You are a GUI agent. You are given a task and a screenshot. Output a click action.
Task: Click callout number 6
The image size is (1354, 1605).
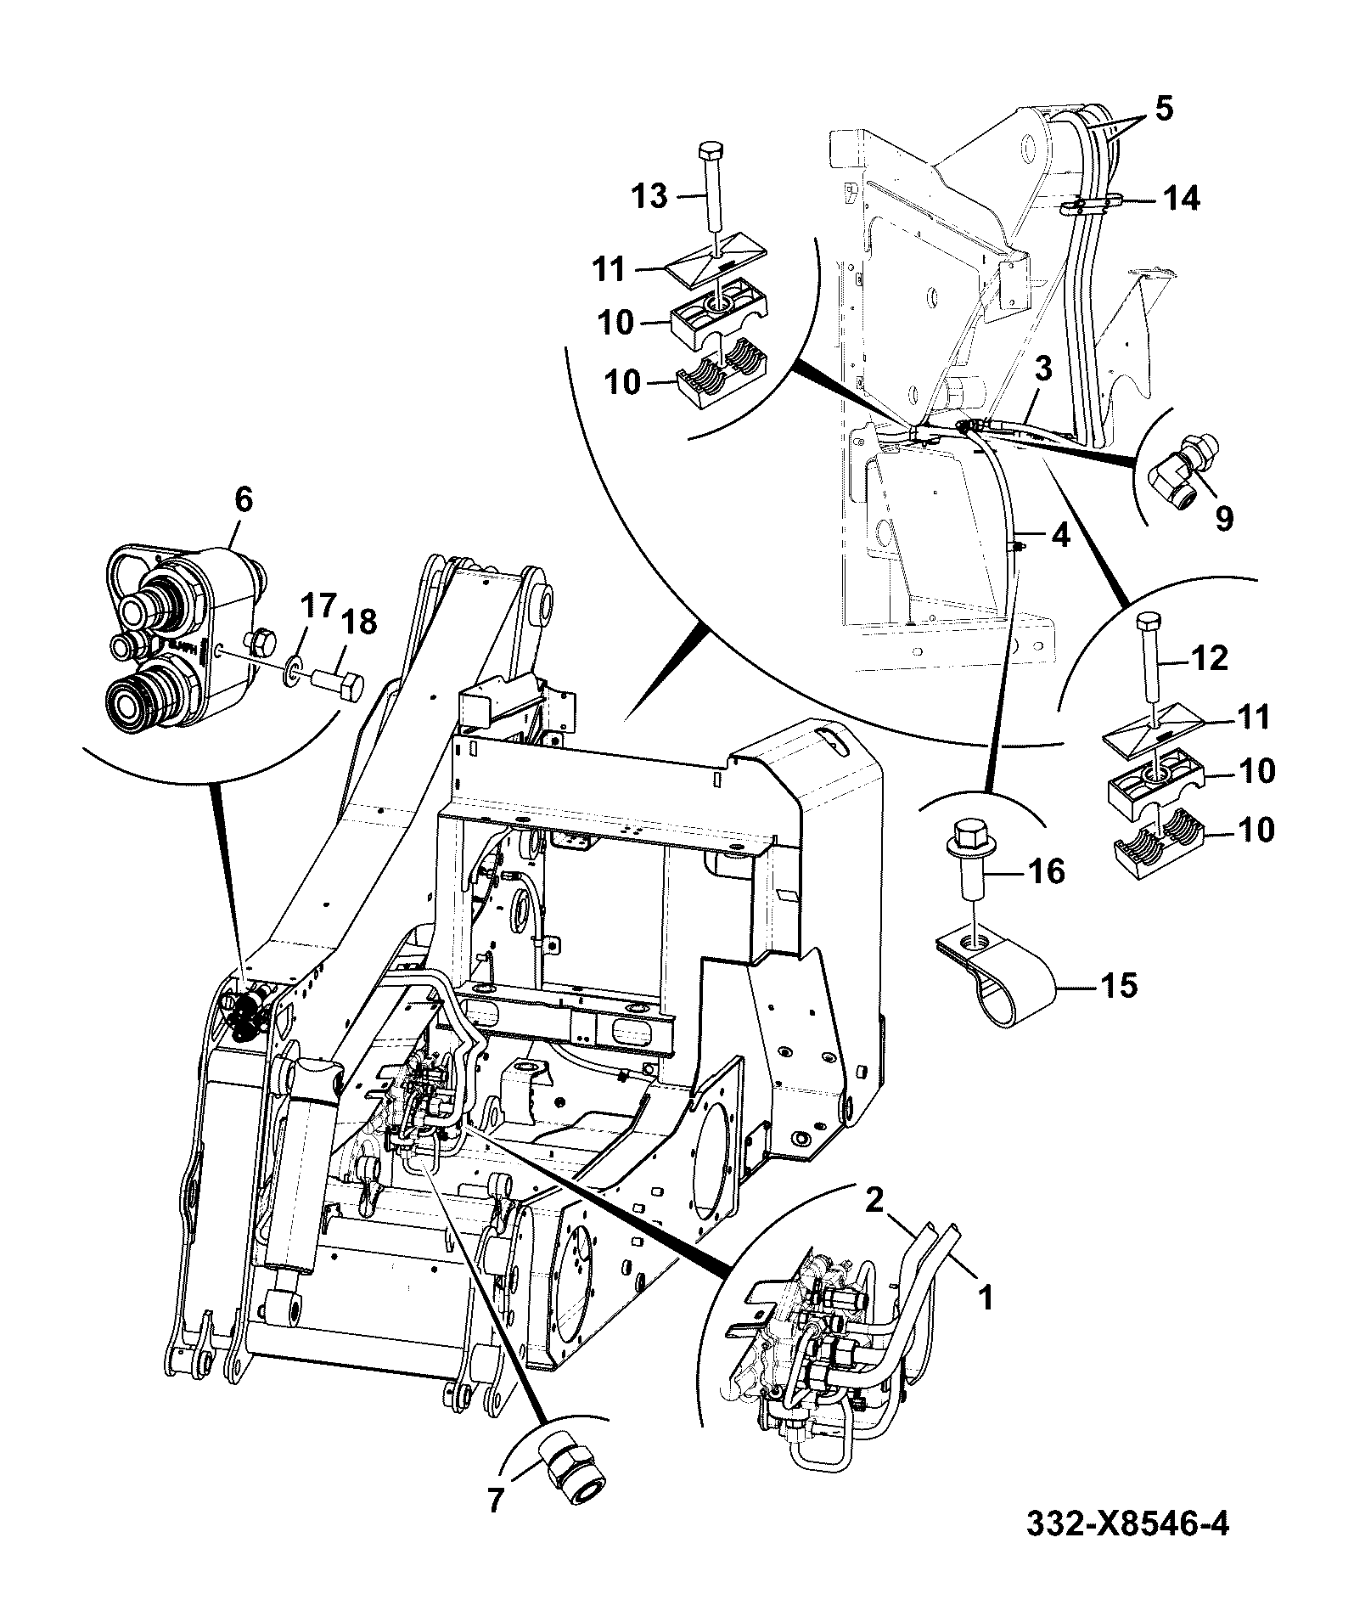coord(243,500)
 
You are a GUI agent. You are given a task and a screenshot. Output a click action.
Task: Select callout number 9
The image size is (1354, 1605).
coord(1223,518)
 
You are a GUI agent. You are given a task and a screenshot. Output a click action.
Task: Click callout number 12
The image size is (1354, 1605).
coord(1208,659)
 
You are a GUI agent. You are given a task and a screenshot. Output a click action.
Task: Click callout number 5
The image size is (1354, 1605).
coord(1163,110)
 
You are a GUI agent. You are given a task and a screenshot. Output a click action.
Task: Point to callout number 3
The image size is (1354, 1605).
coord(1043,368)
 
